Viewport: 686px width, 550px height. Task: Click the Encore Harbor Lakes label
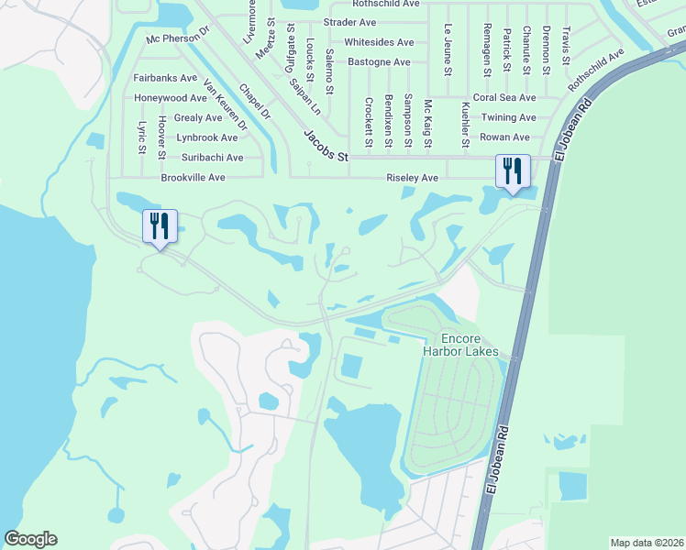460,344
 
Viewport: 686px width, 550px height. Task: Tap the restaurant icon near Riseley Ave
512,171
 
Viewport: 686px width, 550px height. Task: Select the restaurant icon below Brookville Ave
160,226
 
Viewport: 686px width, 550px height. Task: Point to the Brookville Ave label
193,177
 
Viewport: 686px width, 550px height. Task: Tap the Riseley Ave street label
412,177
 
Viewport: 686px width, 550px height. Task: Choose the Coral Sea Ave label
503,97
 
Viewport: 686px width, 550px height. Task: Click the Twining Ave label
508,117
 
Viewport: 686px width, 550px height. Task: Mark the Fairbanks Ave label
165,78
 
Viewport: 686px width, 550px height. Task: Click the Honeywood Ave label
171,98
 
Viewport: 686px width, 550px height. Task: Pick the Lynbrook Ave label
206,137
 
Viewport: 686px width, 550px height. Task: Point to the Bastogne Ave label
379,61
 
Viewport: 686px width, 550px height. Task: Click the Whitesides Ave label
379,42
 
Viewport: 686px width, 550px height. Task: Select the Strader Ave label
349,22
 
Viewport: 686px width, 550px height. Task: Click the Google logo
31,539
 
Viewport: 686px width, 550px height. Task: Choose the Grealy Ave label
198,117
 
